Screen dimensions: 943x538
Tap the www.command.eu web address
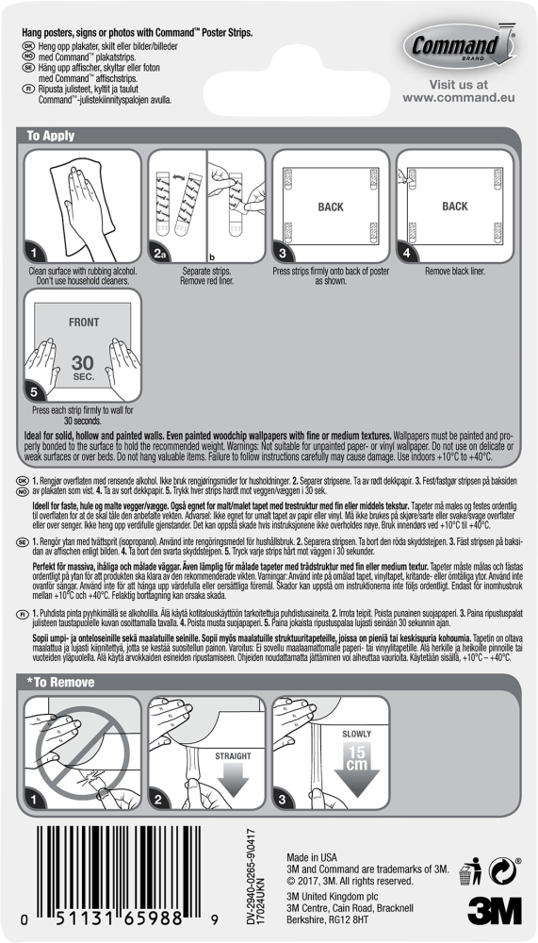(457, 96)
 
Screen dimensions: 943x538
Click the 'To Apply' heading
(51, 136)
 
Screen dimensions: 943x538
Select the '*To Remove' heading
(62, 681)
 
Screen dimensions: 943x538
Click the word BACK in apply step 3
(331, 207)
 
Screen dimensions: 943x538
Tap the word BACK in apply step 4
(455, 207)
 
